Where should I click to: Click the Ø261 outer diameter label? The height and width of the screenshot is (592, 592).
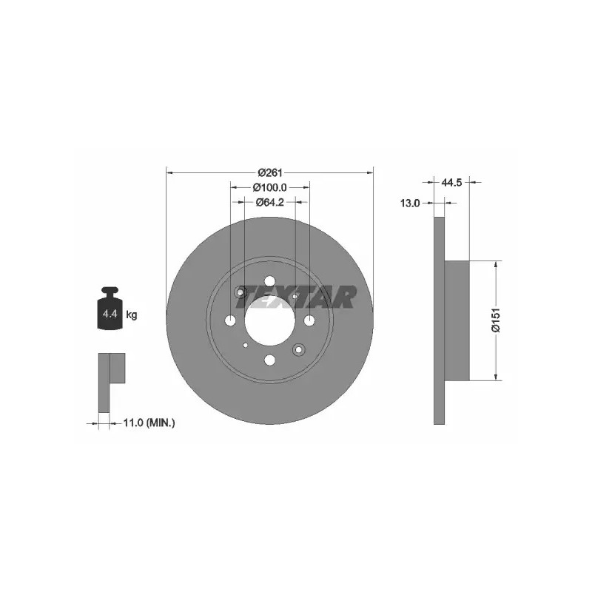(270, 173)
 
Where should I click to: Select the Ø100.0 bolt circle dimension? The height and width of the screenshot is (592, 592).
(270, 187)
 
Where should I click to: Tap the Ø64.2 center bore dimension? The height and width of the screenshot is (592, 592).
(270, 202)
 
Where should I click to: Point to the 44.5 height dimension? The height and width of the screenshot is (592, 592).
(451, 183)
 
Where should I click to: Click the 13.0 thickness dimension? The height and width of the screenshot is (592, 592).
(410, 203)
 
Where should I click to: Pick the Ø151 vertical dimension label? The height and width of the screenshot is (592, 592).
(496, 320)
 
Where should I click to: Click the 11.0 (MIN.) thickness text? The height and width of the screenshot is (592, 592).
(149, 423)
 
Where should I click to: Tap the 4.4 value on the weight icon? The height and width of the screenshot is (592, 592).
(110, 313)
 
